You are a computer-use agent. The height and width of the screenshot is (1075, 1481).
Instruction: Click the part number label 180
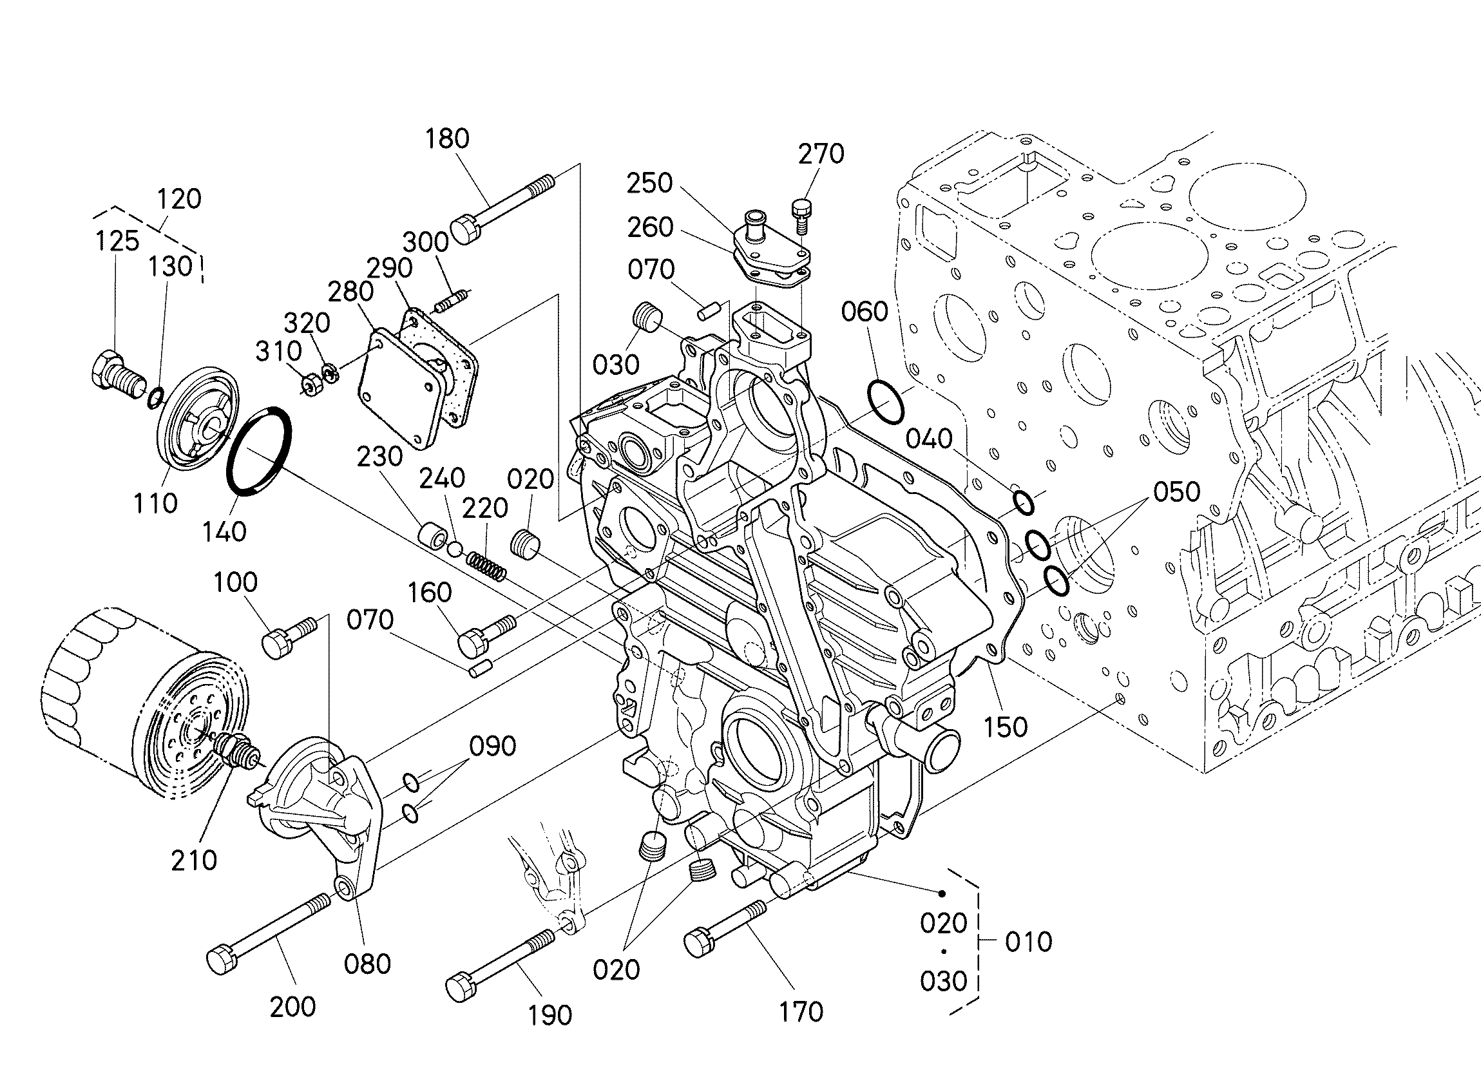click(x=447, y=139)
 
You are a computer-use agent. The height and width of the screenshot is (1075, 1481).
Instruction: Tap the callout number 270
click(x=821, y=154)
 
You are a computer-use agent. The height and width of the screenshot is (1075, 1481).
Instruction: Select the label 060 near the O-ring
click(x=865, y=312)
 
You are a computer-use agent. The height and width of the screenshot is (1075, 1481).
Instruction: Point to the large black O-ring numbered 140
click(x=259, y=452)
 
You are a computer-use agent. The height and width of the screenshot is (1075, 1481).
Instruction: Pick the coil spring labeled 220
click(x=486, y=566)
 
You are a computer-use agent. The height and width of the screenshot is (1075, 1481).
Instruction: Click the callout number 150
click(x=1006, y=727)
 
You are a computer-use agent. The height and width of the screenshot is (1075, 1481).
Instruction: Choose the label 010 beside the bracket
click(x=1029, y=942)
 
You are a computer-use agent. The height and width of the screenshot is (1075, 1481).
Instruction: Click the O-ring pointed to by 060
click(x=886, y=402)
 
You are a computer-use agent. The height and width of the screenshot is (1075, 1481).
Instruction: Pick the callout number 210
click(x=194, y=860)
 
